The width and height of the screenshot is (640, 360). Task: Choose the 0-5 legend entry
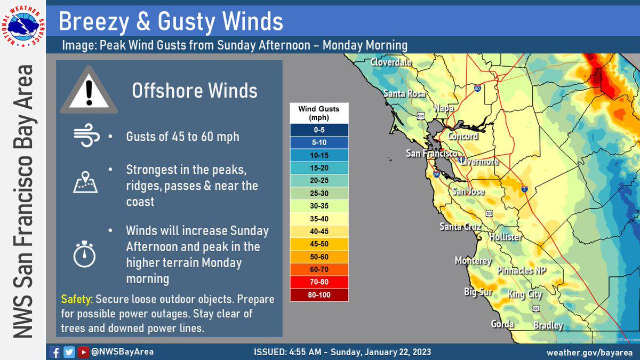319,129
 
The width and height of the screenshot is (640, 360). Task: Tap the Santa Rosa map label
404,94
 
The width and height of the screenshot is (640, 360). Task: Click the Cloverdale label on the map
391,62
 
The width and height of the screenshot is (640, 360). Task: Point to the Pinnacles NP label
522,270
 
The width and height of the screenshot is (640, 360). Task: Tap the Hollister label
505,236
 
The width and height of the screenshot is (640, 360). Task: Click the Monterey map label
473,261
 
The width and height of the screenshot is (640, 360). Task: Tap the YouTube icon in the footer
83,352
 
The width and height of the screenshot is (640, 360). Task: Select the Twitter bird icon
69,352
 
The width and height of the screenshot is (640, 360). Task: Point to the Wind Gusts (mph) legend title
319,113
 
